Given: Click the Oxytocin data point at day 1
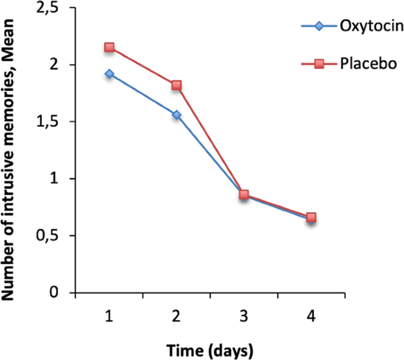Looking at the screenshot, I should point(109,74).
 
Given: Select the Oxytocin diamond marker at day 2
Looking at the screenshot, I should point(176,115).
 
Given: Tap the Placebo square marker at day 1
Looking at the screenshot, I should point(109,48).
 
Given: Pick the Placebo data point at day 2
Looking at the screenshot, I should point(176,85).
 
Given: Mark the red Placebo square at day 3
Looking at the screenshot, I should point(244,194).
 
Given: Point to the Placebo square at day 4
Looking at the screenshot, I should point(311,217).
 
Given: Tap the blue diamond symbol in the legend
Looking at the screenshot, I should point(318,27).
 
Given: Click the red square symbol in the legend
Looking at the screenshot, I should point(318,63).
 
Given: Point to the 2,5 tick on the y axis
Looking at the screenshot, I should point(52,9).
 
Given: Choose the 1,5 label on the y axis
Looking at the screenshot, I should point(52,122).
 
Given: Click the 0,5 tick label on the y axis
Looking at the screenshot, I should point(52,236).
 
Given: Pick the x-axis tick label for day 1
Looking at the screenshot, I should point(109,316).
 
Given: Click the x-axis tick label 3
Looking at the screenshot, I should point(244,316).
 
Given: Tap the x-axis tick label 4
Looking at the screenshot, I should point(311,316).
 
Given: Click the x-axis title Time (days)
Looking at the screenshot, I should point(210,349).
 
